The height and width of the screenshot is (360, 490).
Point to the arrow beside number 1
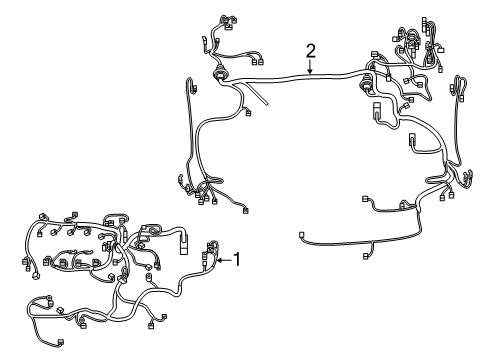click(x=223, y=262)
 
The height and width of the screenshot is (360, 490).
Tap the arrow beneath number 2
click(x=310, y=69)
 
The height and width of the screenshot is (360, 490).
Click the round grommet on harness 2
click(x=220, y=75)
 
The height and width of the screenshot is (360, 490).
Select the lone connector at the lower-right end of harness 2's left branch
click(x=245, y=210)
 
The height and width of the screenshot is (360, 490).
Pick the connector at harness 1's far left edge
click(x=25, y=264)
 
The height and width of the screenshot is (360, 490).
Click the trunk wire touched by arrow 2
click(x=310, y=77)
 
